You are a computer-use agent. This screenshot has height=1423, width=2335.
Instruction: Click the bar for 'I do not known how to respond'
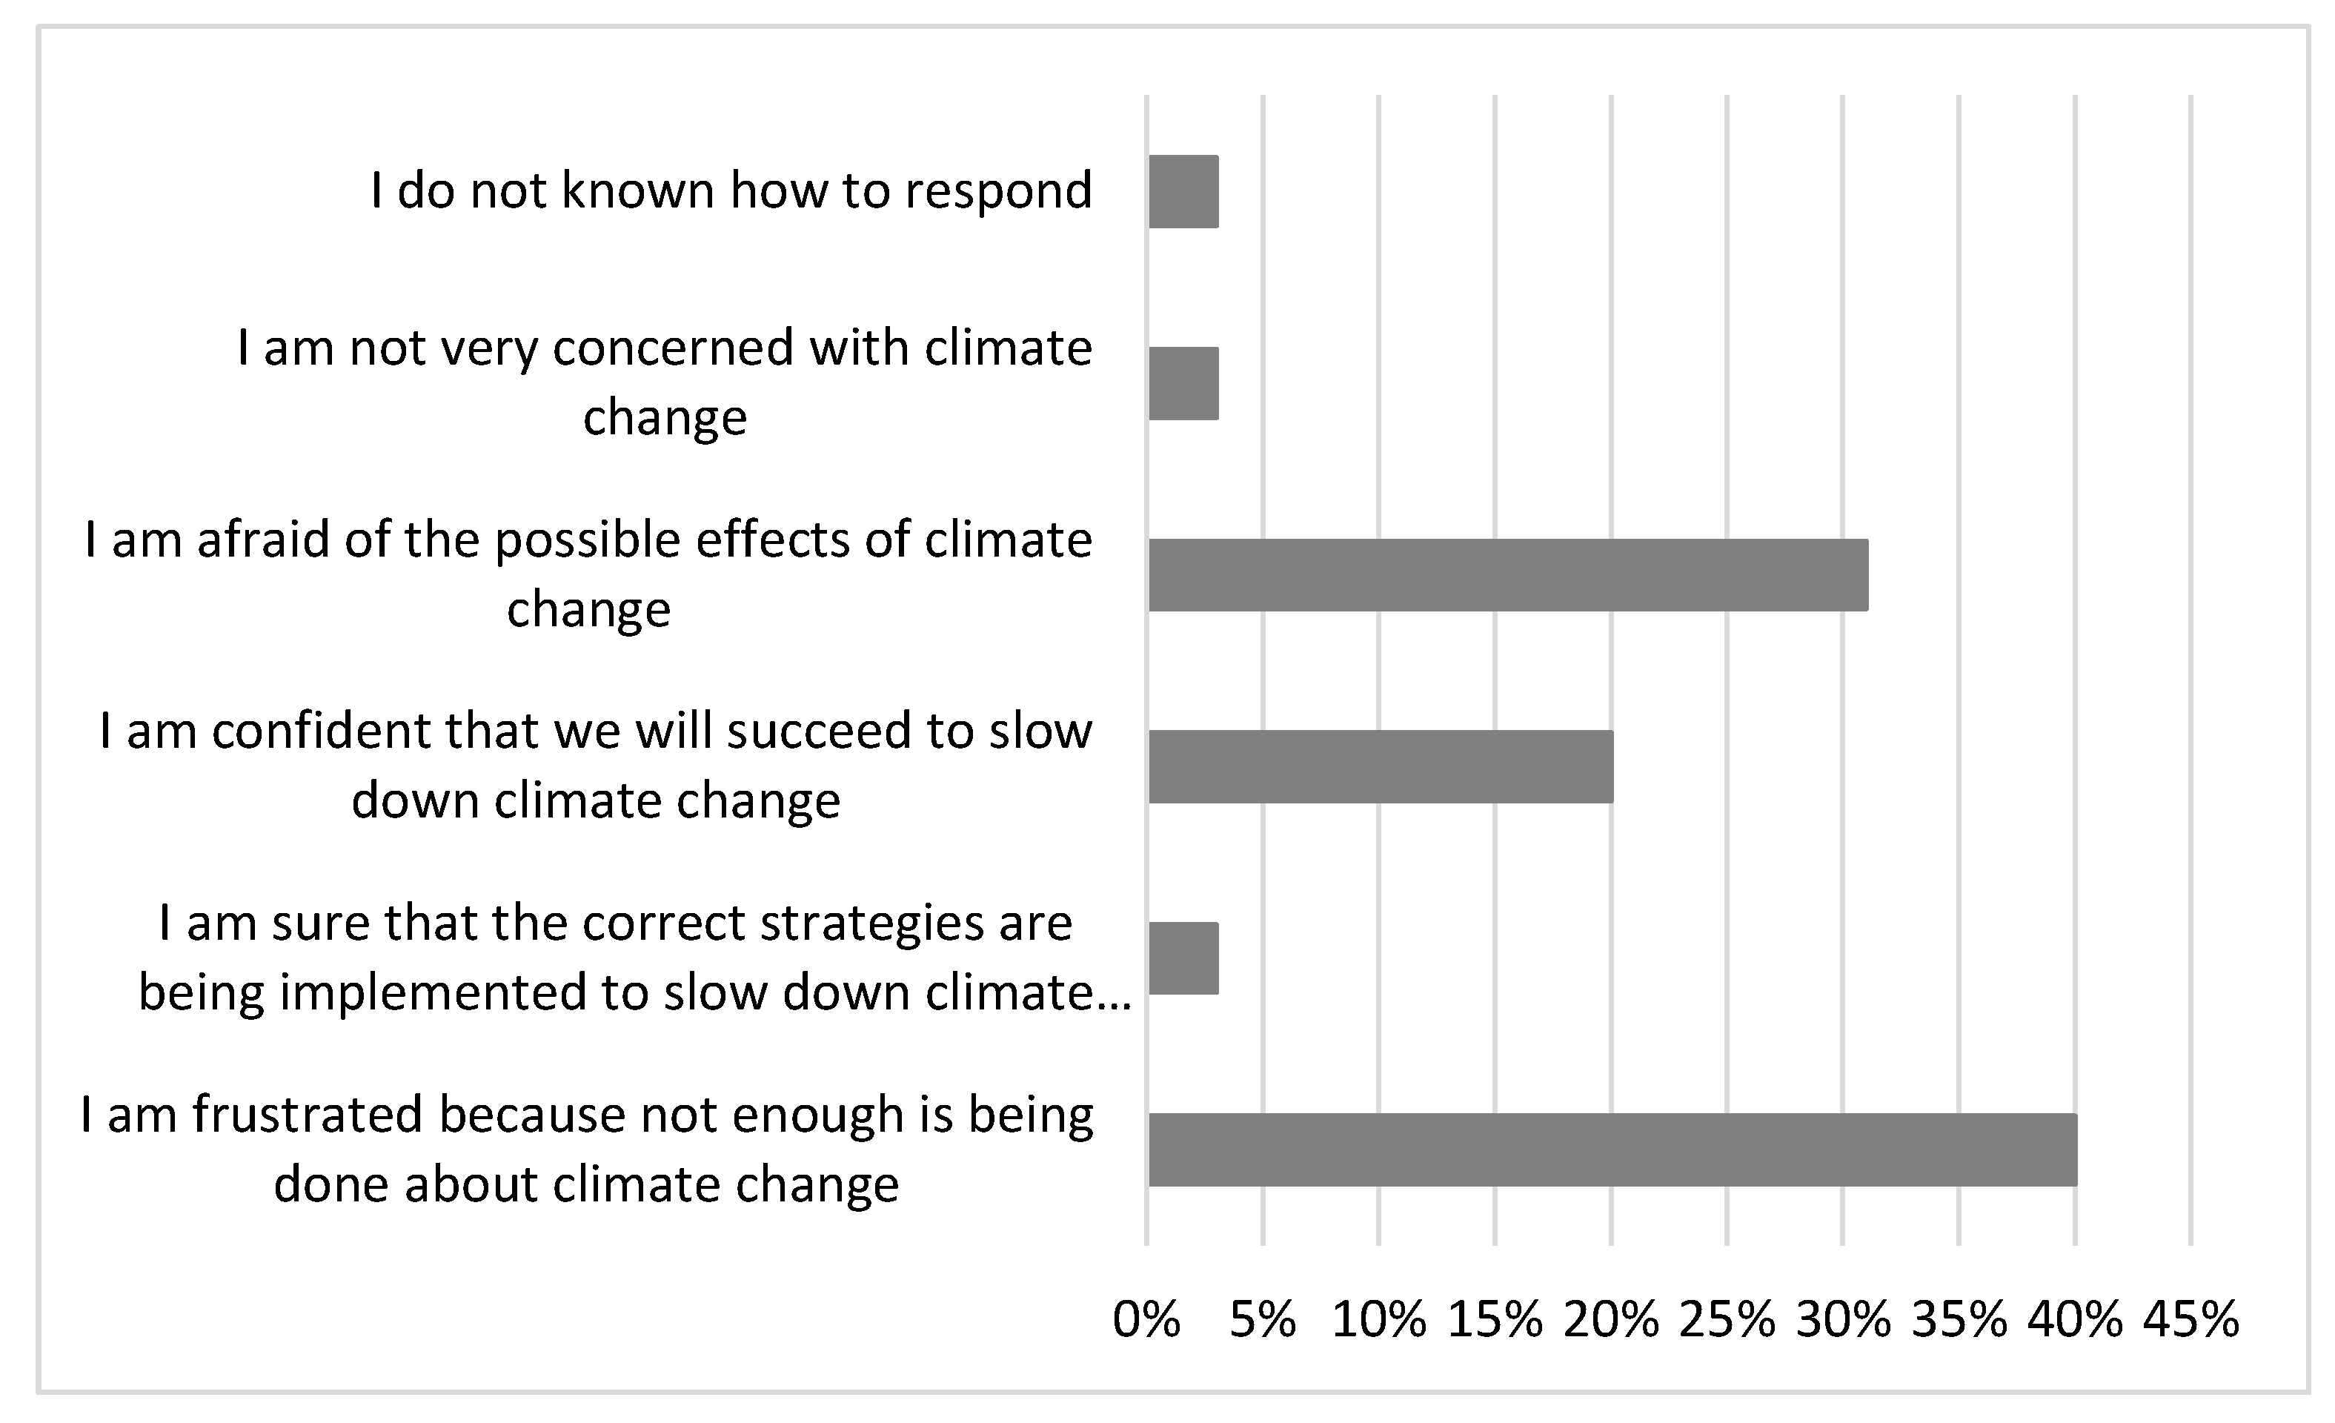click(1183, 191)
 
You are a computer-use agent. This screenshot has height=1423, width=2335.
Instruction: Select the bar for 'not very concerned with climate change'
click(1183, 383)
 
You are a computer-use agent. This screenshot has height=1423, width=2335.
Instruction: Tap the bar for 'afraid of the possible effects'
click(1508, 574)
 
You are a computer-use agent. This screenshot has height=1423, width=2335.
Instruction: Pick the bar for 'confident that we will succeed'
click(1381, 766)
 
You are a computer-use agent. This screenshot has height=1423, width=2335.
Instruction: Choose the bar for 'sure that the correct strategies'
click(1183, 958)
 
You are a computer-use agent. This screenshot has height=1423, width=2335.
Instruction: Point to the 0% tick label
click(1146, 1318)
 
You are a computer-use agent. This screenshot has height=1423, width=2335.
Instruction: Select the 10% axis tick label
click(1379, 1318)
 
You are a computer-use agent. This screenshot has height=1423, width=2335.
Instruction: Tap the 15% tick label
click(1495, 1318)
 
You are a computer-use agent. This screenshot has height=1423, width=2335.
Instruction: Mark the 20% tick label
click(1611, 1318)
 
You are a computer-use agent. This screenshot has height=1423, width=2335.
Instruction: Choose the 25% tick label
click(1727, 1318)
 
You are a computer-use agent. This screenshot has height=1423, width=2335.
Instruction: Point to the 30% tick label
click(1843, 1318)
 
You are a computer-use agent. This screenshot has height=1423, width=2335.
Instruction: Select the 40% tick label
click(2076, 1318)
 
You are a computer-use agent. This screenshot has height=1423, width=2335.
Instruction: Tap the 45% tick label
click(2191, 1318)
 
